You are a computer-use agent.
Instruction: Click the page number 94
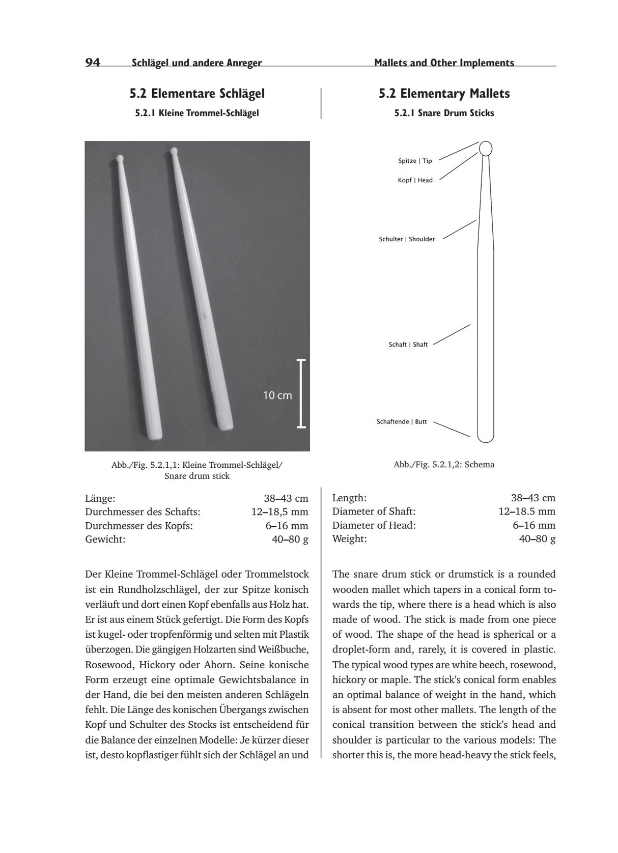(x=93, y=63)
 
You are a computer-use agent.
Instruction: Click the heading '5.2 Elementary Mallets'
(x=444, y=94)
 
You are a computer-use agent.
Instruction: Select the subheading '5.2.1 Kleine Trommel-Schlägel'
(x=197, y=113)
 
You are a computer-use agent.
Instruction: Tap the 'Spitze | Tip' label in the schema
(x=415, y=161)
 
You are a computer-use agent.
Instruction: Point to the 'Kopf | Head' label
(x=415, y=180)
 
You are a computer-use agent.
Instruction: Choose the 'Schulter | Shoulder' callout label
(x=407, y=239)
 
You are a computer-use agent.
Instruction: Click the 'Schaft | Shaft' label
(x=408, y=345)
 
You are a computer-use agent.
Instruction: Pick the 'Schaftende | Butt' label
(x=402, y=422)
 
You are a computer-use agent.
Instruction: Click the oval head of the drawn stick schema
(x=486, y=148)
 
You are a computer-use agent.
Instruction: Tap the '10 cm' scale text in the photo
(x=277, y=395)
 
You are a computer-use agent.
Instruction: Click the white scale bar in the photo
(x=301, y=393)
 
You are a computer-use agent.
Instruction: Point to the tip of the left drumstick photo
(x=120, y=158)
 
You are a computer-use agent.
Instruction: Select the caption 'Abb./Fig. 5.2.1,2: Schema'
(x=444, y=465)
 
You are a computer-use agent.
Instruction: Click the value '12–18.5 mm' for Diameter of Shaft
(x=527, y=511)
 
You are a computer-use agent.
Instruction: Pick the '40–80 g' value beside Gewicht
(x=290, y=539)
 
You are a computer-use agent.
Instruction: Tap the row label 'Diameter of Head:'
(x=374, y=525)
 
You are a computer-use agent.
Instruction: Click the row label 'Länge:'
(x=100, y=498)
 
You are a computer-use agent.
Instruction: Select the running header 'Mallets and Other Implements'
(x=444, y=63)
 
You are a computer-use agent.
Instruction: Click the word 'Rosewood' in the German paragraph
(x=108, y=665)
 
